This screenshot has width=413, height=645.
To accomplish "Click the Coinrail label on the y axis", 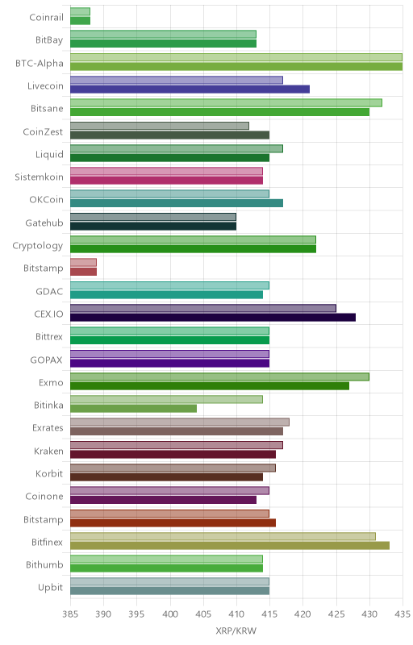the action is coord(47,17).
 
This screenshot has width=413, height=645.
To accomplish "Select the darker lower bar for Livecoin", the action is coord(190,89).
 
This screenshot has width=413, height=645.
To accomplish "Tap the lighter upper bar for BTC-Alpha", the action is coord(236,57).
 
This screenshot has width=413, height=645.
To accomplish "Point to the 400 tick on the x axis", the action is coord(170,614).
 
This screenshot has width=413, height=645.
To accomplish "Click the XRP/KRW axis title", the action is coord(236,631).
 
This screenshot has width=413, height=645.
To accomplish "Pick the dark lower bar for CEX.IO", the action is coord(213,317).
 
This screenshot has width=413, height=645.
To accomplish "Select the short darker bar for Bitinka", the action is coord(133,409).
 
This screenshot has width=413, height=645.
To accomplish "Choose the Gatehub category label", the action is coord(44,223).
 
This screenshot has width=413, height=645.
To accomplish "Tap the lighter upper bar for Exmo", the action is coord(219,377).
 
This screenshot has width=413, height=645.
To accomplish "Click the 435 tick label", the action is coord(403,614).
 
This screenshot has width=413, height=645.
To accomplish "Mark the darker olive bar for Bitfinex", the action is coord(230,546).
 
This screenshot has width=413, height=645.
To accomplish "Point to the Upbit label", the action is coord(51,588).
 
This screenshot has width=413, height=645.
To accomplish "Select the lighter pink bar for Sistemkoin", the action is coord(166,171).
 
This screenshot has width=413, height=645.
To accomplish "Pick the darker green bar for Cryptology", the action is coord(193,249).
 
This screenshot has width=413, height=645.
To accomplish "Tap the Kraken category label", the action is coord(48,451).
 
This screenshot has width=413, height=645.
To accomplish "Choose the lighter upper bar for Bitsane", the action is coord(226,103).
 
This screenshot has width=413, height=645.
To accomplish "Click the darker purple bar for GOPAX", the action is coord(169,364).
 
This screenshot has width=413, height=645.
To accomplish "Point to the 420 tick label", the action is coord(302,614).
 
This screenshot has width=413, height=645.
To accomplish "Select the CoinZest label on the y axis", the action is coord(43,132).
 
